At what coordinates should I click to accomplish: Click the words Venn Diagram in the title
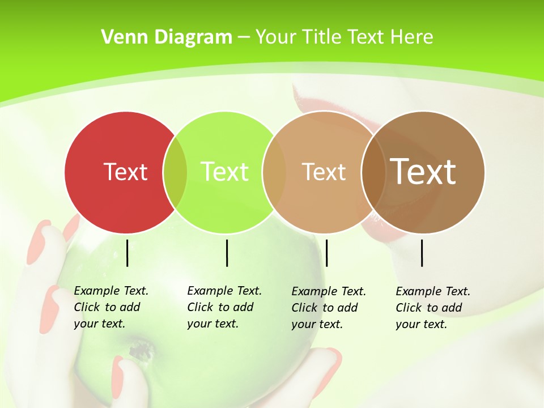pos(167,37)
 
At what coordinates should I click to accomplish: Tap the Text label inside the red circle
pos(125,172)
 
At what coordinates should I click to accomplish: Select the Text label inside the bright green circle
pos(225,172)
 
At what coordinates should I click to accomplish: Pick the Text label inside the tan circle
pos(324,172)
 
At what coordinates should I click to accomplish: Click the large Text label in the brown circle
pos(423,172)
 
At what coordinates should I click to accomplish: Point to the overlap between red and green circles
pos(175,172)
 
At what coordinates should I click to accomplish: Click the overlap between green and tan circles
pos(274,172)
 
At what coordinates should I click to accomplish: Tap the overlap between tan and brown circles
pos(373,172)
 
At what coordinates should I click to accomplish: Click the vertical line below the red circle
pos(127,253)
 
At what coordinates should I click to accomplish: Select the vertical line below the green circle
pos(227,253)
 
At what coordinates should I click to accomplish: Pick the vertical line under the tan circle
pos(326,253)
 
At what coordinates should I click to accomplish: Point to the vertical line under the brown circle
pos(422,253)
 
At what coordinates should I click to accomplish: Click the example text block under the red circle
pos(111,307)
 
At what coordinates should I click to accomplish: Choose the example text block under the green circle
pos(224,307)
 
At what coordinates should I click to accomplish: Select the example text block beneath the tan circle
pos(329,308)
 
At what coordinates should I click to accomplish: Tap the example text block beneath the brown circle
pos(433,308)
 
